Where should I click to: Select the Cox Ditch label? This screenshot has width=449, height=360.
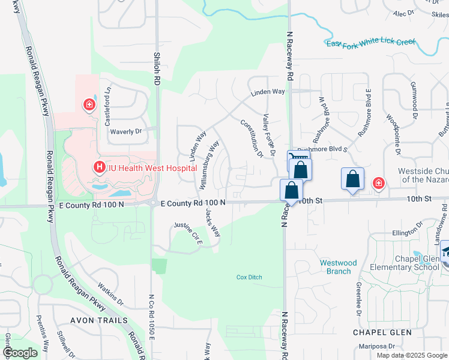pyautogui.click(x=249, y=277)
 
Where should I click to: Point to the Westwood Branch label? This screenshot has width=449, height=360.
pyautogui.click(x=338, y=267)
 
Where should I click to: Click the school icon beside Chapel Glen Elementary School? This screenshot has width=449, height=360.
pyautogui.click(x=445, y=253)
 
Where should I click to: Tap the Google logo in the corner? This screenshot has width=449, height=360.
pyautogui.click(x=20, y=353)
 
